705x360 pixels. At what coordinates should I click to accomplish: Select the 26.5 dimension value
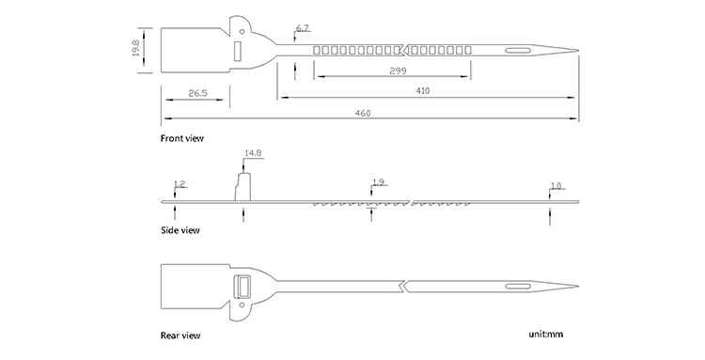click(x=197, y=93)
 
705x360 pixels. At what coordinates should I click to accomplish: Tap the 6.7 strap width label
click(x=302, y=28)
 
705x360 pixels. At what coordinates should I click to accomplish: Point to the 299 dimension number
click(x=398, y=70)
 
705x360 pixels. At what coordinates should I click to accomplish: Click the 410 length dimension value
click(x=423, y=91)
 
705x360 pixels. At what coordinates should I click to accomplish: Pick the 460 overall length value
click(x=363, y=113)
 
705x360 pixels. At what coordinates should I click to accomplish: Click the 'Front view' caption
click(x=182, y=138)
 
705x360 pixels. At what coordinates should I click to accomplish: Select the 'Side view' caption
click(x=180, y=230)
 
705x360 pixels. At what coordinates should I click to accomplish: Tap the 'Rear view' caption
click(x=180, y=336)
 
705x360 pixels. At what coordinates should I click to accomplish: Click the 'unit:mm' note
click(x=545, y=334)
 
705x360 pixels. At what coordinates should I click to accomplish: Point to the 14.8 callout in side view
click(x=253, y=153)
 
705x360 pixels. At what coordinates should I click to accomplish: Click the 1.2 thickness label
click(x=180, y=184)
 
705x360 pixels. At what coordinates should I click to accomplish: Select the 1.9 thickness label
click(x=379, y=182)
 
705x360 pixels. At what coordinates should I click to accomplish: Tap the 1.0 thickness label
click(x=556, y=185)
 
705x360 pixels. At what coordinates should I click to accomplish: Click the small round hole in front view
click(x=242, y=31)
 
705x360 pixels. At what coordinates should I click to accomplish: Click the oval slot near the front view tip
click(x=518, y=51)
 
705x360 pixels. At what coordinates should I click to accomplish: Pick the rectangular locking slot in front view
click(x=238, y=51)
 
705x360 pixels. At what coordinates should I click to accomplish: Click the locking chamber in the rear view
click(x=243, y=287)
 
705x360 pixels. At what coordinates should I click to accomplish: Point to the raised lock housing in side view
click(x=243, y=186)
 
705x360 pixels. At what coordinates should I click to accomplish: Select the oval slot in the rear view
click(x=518, y=287)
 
